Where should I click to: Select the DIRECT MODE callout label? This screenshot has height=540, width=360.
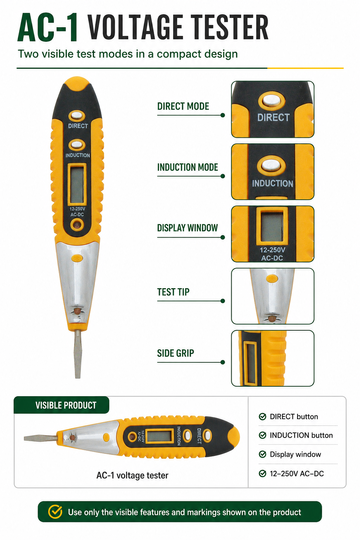click(x=183, y=106)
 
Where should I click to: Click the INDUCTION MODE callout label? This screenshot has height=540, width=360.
click(x=187, y=167)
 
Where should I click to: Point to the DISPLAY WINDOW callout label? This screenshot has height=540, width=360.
click(x=187, y=228)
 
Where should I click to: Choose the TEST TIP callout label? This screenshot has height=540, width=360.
click(x=173, y=292)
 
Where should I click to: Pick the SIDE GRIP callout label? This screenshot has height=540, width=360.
click(x=175, y=353)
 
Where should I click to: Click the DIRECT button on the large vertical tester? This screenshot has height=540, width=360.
click(x=77, y=116)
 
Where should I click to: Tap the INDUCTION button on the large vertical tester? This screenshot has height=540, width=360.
click(x=77, y=145)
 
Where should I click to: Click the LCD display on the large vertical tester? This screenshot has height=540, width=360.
click(x=77, y=185)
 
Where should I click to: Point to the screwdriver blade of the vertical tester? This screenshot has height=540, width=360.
click(x=78, y=354)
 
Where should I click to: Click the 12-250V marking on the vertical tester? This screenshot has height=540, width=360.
click(x=77, y=209)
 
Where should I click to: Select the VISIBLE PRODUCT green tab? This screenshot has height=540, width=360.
click(x=62, y=405)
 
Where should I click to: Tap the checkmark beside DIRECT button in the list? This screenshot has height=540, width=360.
click(x=262, y=416)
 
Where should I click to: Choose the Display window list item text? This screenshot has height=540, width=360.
click(x=295, y=455)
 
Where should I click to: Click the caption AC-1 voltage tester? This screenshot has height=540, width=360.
click(x=133, y=475)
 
